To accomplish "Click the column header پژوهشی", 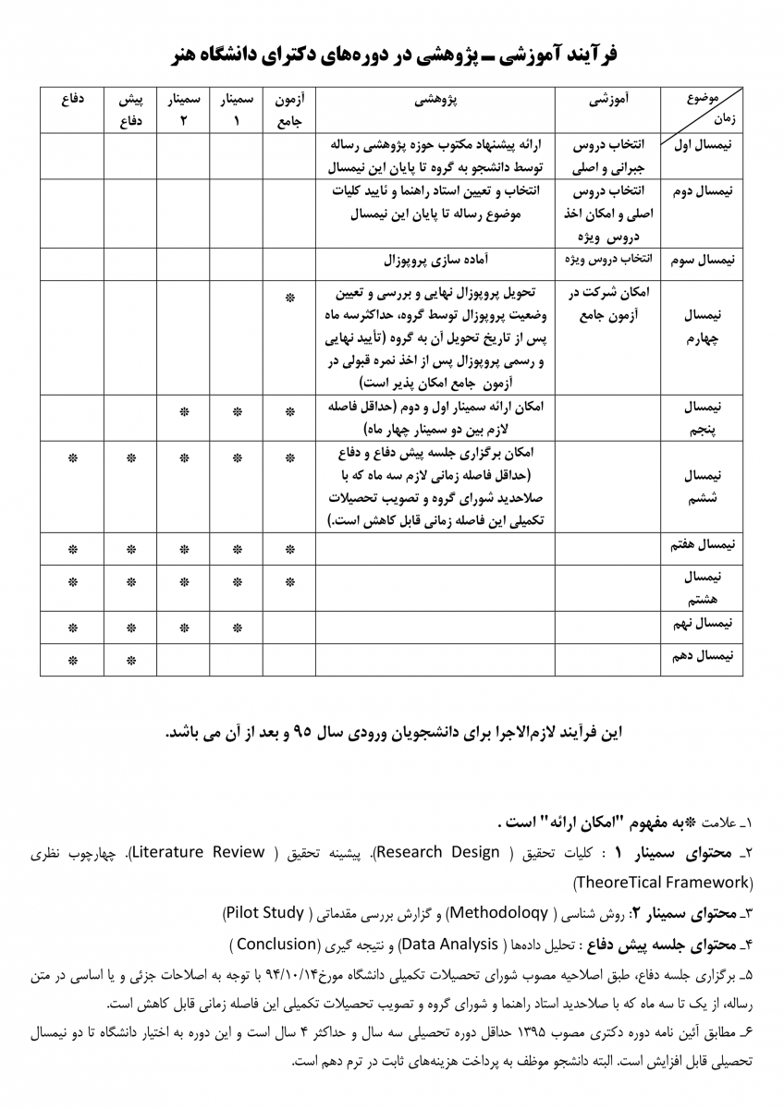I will click(x=435, y=99).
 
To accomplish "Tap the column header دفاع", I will click(x=72, y=99).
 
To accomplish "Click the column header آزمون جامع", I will click(x=290, y=109).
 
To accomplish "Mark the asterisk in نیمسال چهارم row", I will click(x=289, y=299).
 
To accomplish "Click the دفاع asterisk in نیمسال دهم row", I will click(x=72, y=660).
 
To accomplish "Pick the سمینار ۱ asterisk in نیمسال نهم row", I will click(x=237, y=628).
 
